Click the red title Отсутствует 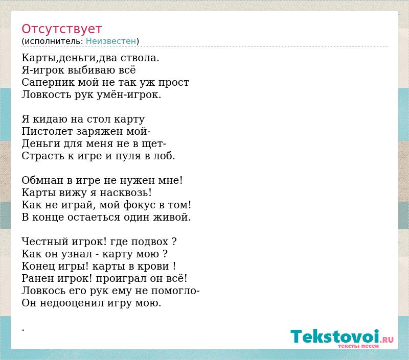pyautogui.click(x=61, y=29)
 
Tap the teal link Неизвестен pyautogui.click(x=111, y=41)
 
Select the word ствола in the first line pyautogui.click(x=140, y=58)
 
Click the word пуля pyautogui.click(x=128, y=156)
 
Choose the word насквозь pyautogui.click(x=126, y=193)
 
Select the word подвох pyautogui.click(x=150, y=242)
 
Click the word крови pyautogui.click(x=157, y=267)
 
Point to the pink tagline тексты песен pyautogui.click(x=358, y=346)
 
